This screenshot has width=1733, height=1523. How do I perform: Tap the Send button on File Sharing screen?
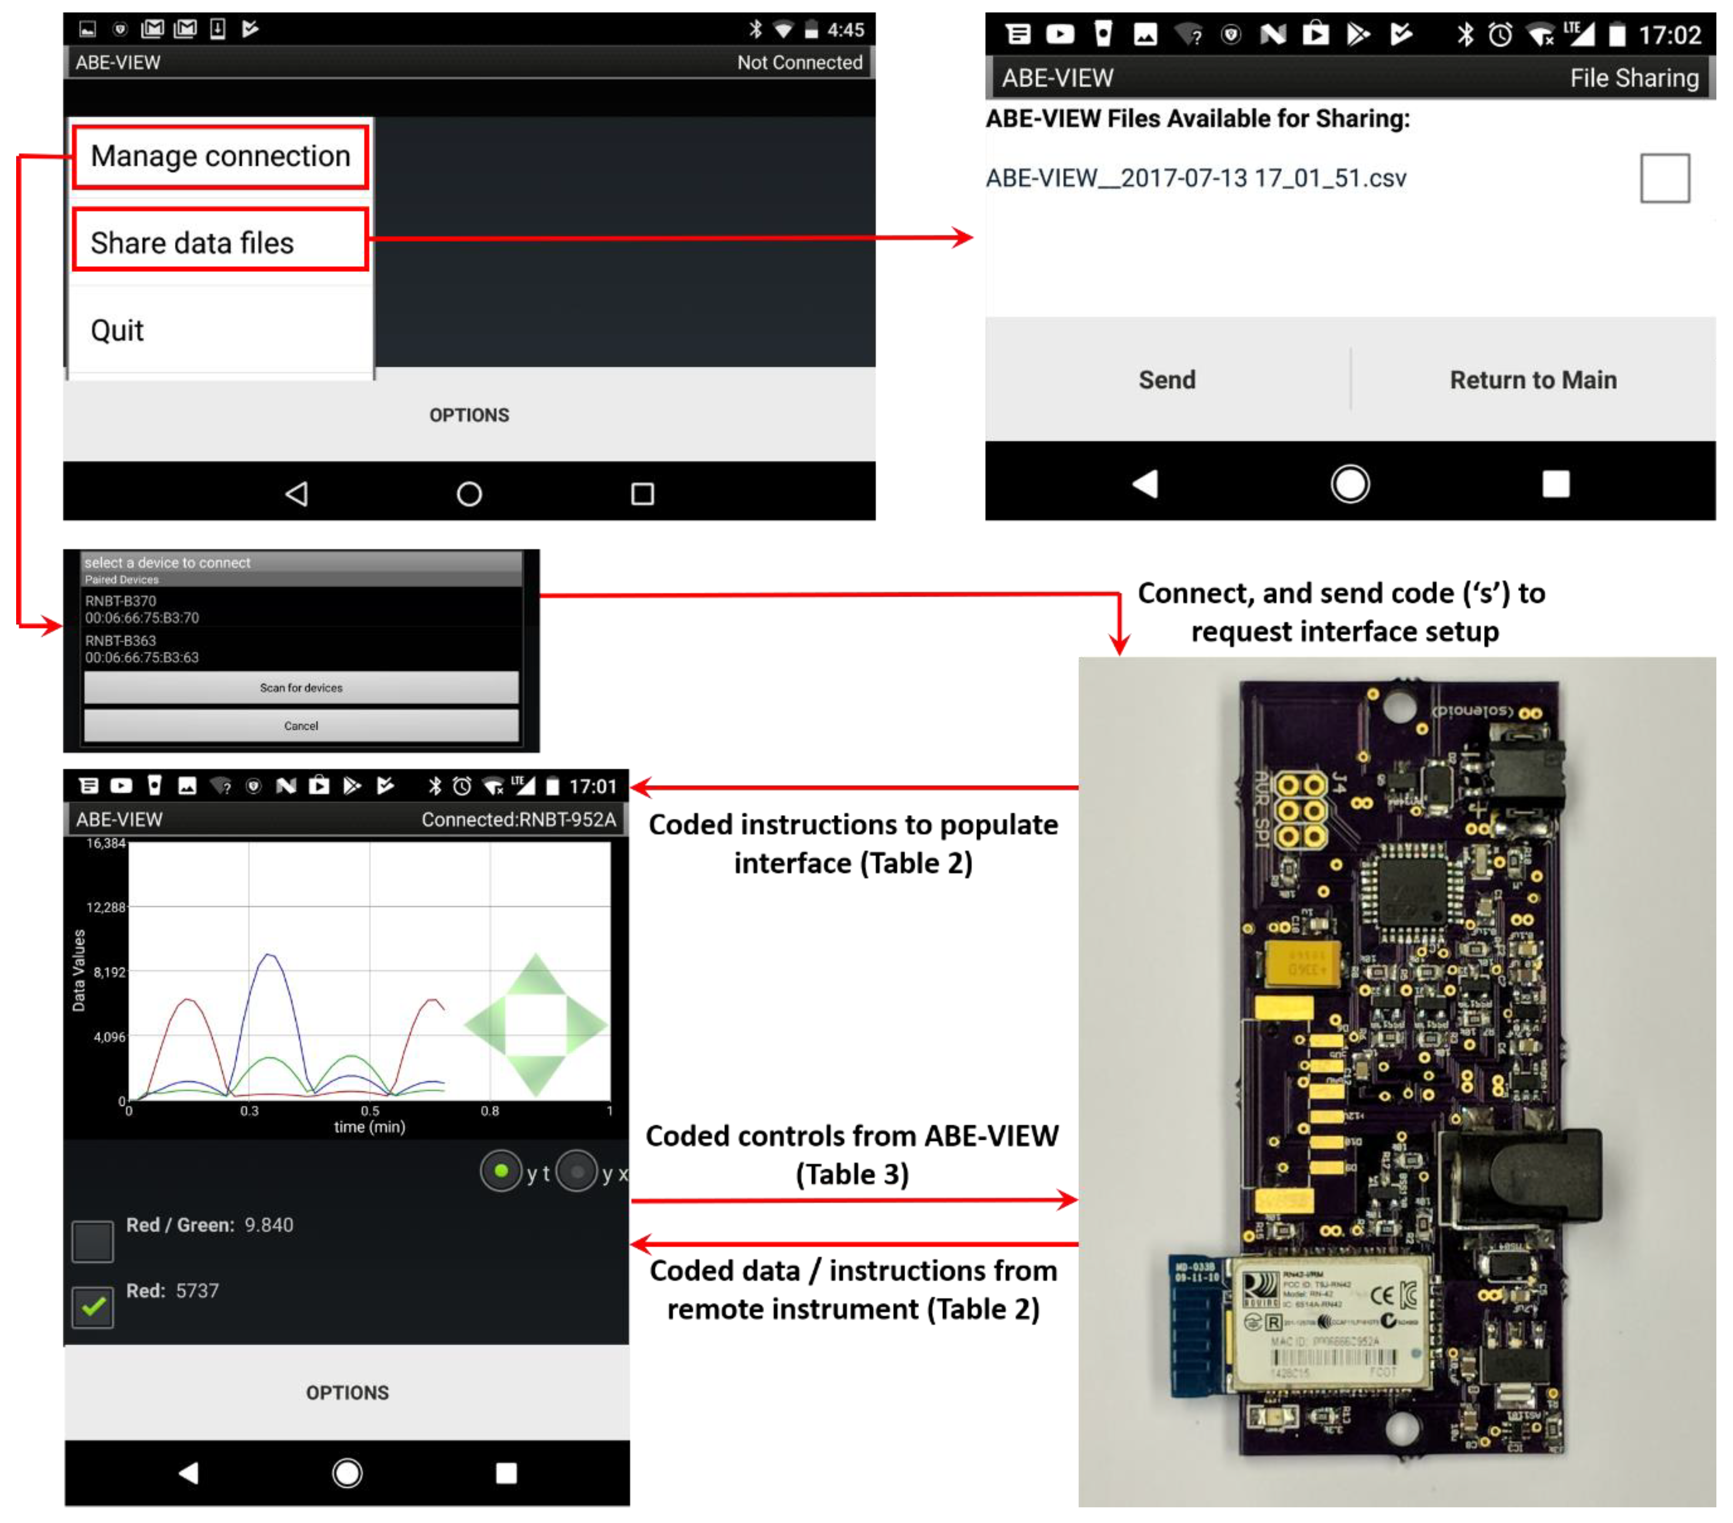pos(1167,380)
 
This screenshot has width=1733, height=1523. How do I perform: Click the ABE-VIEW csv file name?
pos(1195,178)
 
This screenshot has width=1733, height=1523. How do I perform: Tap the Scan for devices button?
pos(301,687)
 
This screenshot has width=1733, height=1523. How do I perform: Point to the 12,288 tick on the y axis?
pos(106,907)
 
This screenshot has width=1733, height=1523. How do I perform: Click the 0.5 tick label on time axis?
pos(370,1110)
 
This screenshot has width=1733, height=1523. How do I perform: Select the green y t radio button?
pos(501,1171)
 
